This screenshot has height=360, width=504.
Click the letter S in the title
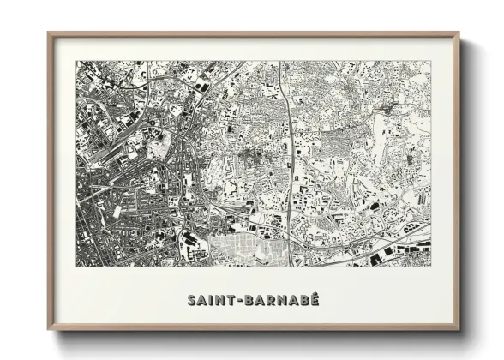tap(190, 300)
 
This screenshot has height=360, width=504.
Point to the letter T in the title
tap(233, 300)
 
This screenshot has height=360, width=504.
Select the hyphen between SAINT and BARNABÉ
tap(243, 300)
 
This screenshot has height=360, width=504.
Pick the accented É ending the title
tap(314, 299)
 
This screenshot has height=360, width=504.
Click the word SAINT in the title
tap(212, 300)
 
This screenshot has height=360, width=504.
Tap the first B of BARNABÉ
tap(252, 300)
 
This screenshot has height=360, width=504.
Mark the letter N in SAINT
tap(222, 300)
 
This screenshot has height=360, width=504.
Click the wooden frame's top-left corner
tap(49, 33)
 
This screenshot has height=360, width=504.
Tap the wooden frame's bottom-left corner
tap(49, 330)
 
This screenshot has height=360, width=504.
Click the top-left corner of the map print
tap(76, 61)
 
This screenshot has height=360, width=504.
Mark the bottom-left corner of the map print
tap(76, 266)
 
